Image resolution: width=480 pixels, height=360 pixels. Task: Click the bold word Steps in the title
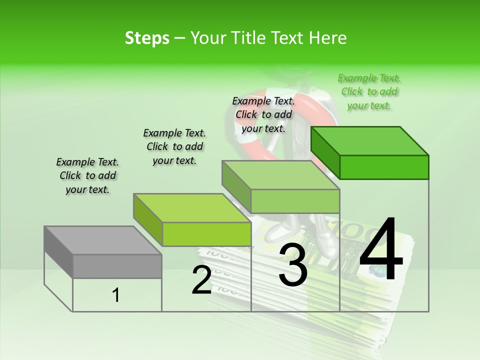click(147, 38)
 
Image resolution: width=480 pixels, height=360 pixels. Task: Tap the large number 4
click(381, 250)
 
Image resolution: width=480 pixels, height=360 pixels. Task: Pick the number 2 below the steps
click(201, 280)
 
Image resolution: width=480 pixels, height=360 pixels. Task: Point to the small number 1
click(115, 295)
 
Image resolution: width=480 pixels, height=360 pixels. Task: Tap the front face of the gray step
click(117, 266)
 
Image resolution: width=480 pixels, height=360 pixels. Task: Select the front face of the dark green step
click(384, 167)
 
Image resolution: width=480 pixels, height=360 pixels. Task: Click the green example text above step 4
click(369, 92)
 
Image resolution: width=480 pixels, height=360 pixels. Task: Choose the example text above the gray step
click(87, 175)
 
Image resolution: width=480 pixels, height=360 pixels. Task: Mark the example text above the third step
click(263, 114)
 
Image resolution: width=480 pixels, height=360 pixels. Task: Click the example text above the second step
click(174, 146)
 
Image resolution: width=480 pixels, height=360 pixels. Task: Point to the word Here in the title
click(328, 38)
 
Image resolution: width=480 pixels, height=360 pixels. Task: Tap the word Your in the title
click(207, 38)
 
